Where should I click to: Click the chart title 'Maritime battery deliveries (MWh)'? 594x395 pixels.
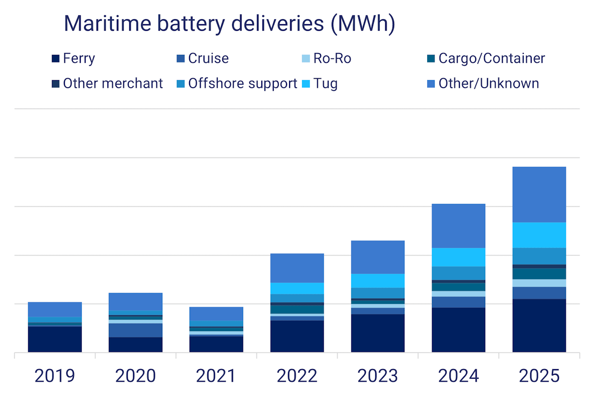[230, 24]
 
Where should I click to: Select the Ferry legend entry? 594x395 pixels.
[73, 58]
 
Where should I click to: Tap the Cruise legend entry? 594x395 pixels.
[203, 58]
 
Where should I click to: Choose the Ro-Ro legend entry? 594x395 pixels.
[326, 58]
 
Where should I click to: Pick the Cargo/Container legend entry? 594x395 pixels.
[486, 58]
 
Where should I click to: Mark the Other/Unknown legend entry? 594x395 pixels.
[483, 83]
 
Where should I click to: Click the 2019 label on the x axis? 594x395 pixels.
[54, 376]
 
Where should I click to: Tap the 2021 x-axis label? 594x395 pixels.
[216, 376]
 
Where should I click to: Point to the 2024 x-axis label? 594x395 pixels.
[458, 376]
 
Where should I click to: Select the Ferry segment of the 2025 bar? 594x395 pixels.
[539, 326]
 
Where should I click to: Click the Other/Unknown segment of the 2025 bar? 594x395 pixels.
[539, 195]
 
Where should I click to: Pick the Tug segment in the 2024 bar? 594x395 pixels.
[458, 257]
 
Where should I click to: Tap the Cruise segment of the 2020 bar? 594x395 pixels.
[136, 330]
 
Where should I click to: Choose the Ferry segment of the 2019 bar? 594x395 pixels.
[54, 340]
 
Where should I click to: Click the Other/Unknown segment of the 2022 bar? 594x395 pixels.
[297, 268]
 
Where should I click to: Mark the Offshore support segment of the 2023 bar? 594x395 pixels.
[378, 293]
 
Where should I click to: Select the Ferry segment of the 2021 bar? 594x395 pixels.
[216, 344]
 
